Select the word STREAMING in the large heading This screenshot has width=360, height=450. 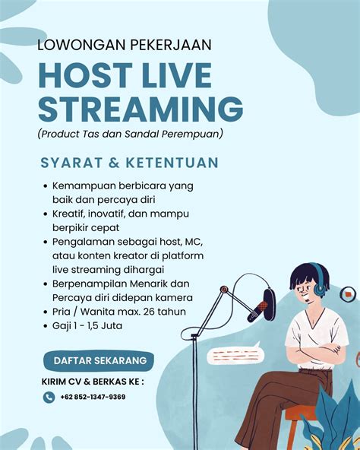point(141,109)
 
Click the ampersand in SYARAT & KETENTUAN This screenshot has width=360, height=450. point(114,163)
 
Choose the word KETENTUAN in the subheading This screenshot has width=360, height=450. point(172,163)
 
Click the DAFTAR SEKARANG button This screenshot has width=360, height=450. point(99,361)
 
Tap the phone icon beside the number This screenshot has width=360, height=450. point(49,398)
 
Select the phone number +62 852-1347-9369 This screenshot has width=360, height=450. point(93,397)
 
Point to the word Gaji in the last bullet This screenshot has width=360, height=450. point(62,326)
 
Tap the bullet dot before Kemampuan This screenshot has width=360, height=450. point(46,186)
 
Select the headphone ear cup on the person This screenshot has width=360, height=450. point(319,287)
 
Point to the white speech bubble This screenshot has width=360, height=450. point(235,353)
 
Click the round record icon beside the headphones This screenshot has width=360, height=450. point(348,294)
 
